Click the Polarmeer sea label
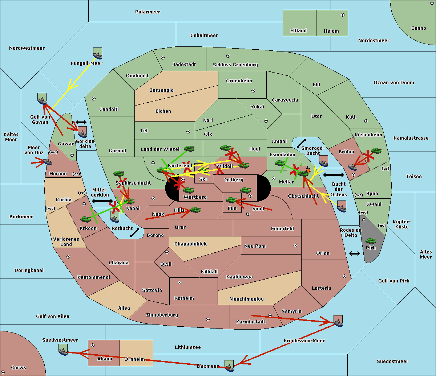coord(148,12)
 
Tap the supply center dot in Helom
coord(342,15)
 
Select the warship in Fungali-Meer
coord(97,54)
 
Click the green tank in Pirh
coord(371,241)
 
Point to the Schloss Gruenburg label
coord(235,65)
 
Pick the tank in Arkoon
coord(85,219)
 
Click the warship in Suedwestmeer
coord(63,350)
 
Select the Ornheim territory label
coord(134,359)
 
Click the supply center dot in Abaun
coord(93,345)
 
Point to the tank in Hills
coord(195,210)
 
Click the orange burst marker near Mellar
coord(308,170)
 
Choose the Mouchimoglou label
coord(246,299)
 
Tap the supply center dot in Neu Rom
coord(295,245)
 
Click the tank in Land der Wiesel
coord(189,149)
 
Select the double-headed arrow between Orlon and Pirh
coord(354,253)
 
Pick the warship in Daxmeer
coord(229,366)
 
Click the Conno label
coord(419,28)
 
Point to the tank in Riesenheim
coord(376,150)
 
